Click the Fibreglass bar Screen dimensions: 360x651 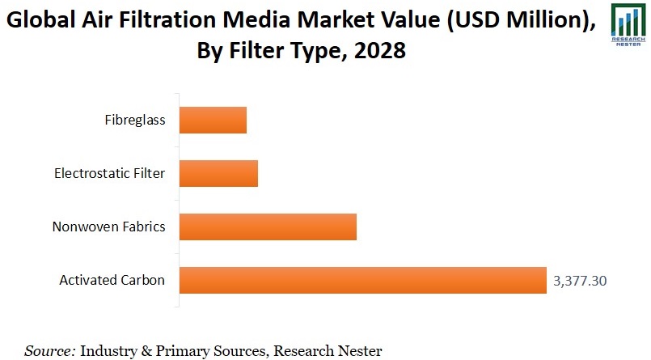[x=213, y=121]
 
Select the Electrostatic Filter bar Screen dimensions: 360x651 [x=218, y=173]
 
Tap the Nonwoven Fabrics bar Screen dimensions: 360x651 [x=268, y=227]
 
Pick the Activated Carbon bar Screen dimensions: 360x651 [x=362, y=280]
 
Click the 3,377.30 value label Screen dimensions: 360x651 [x=580, y=281]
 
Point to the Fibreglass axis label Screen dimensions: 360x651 [x=135, y=121]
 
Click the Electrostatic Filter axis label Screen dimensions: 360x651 [x=110, y=173]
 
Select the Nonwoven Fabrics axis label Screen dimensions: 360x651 [x=108, y=227]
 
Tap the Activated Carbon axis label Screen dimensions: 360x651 [x=112, y=280]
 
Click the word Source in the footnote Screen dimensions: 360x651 [x=50, y=350]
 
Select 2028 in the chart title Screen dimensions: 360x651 [x=378, y=53]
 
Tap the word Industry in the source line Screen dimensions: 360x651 [x=110, y=350]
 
